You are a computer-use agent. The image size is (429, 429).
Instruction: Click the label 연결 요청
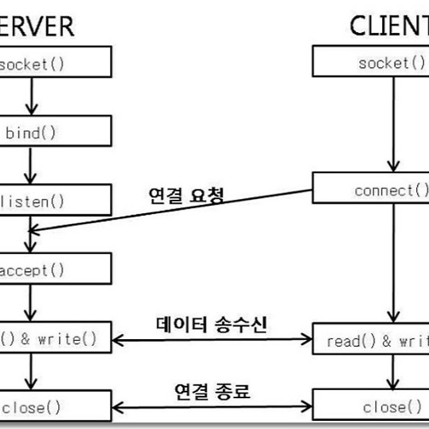185,195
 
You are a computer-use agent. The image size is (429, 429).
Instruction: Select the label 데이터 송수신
211,325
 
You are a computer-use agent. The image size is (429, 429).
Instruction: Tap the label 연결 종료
212,391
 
